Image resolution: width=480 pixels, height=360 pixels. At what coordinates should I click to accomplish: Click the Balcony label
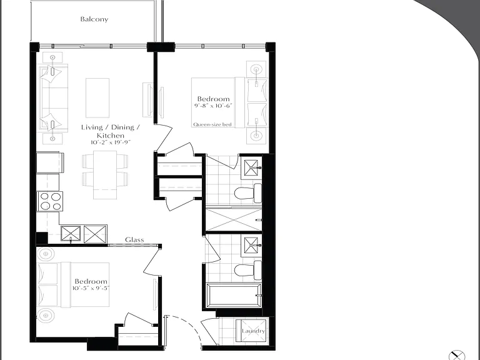94,19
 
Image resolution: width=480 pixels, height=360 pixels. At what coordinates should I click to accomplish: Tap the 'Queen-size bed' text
212,124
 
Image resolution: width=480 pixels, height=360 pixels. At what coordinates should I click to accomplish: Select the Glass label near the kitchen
134,240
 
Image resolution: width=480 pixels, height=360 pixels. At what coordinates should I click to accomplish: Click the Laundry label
253,331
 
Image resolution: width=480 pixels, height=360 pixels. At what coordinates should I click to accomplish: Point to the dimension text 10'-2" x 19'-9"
111,142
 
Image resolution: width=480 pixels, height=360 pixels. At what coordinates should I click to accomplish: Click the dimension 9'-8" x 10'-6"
213,106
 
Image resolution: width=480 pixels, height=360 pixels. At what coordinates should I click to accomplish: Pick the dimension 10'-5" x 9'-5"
91,288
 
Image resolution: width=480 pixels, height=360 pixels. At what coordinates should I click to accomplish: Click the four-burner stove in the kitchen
50,201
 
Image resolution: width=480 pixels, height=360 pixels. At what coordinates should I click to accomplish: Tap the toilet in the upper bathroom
248,193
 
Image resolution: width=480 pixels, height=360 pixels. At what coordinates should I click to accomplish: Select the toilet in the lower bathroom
248,270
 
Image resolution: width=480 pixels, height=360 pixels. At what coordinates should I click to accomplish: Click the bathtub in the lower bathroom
234,296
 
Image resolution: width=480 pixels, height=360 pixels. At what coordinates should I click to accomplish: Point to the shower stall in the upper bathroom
234,219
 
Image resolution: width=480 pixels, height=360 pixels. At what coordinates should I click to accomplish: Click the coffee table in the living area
97,98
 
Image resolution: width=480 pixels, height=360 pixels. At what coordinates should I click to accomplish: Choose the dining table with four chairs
105,175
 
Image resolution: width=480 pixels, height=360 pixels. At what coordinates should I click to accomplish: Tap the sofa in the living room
52,98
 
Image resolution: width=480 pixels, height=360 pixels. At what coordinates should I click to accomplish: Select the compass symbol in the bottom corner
457,355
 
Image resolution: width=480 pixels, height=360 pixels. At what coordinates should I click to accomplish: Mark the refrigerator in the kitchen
50,162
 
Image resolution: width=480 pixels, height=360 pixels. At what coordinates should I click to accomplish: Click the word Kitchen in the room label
111,136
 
